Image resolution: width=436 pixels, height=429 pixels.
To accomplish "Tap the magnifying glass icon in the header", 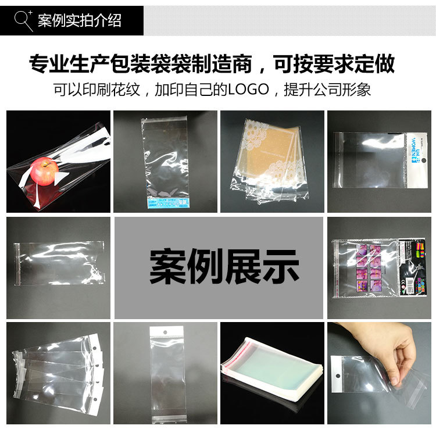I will click(23, 20).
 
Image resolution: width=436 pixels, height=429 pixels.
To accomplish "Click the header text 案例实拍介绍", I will click(80, 21).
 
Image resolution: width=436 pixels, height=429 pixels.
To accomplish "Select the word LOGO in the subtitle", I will click(248, 90).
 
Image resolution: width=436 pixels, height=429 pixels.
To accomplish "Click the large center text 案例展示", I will click(224, 267).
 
